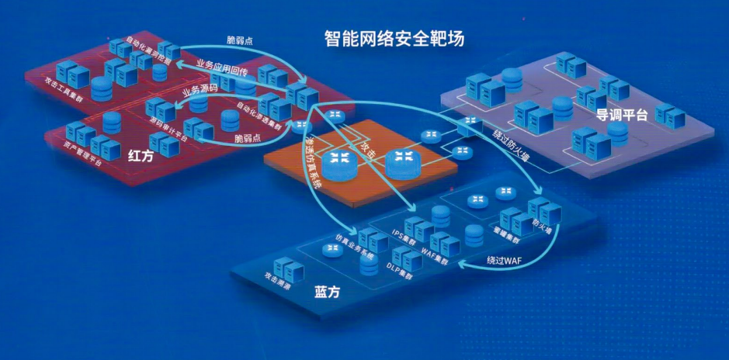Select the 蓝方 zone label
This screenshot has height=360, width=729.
[x=328, y=292]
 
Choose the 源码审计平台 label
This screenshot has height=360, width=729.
[x=168, y=130]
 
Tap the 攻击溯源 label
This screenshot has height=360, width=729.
[x=279, y=281]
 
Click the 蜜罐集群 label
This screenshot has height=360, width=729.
[x=505, y=233]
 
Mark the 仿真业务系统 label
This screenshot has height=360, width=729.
[x=354, y=247]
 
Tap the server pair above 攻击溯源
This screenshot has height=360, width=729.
[x=290, y=266]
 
